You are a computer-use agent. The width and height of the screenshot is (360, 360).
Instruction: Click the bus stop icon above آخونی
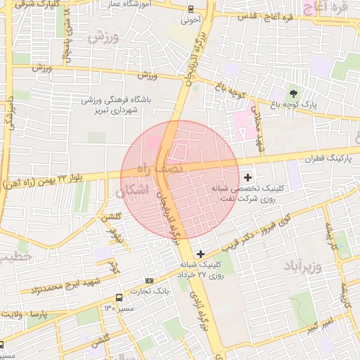pos(192,9)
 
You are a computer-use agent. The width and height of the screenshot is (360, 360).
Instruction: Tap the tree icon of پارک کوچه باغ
pos(293,94)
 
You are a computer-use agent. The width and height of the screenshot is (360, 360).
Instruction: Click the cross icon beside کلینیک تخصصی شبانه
pos(247,178)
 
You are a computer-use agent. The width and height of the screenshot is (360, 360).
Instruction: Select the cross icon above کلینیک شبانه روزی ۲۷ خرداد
pos(200,254)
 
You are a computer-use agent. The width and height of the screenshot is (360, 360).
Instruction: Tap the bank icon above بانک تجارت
pos(148,281)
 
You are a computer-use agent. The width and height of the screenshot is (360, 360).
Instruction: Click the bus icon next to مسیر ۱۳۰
pos(128,308)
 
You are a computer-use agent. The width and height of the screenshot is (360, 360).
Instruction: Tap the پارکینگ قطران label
pos(323,159)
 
